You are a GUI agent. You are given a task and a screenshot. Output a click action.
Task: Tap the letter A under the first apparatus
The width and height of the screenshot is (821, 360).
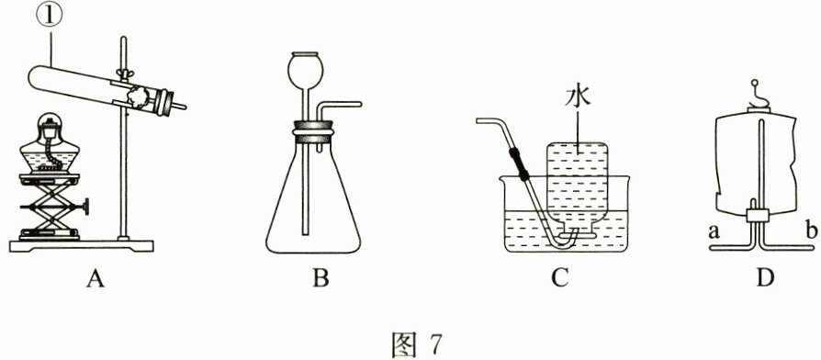(95, 280)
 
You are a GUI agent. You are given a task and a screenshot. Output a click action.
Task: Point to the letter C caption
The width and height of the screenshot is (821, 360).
(559, 279)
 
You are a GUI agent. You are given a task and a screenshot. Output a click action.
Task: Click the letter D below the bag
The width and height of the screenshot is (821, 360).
(765, 278)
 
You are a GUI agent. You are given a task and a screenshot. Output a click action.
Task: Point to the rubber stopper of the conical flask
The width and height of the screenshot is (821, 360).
(313, 132)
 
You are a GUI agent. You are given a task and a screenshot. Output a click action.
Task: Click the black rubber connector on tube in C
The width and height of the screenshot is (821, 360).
(516, 163)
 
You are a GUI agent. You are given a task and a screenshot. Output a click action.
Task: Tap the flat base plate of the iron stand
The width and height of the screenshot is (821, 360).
(82, 246)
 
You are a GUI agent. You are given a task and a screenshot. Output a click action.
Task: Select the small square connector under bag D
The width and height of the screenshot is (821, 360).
(758, 215)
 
